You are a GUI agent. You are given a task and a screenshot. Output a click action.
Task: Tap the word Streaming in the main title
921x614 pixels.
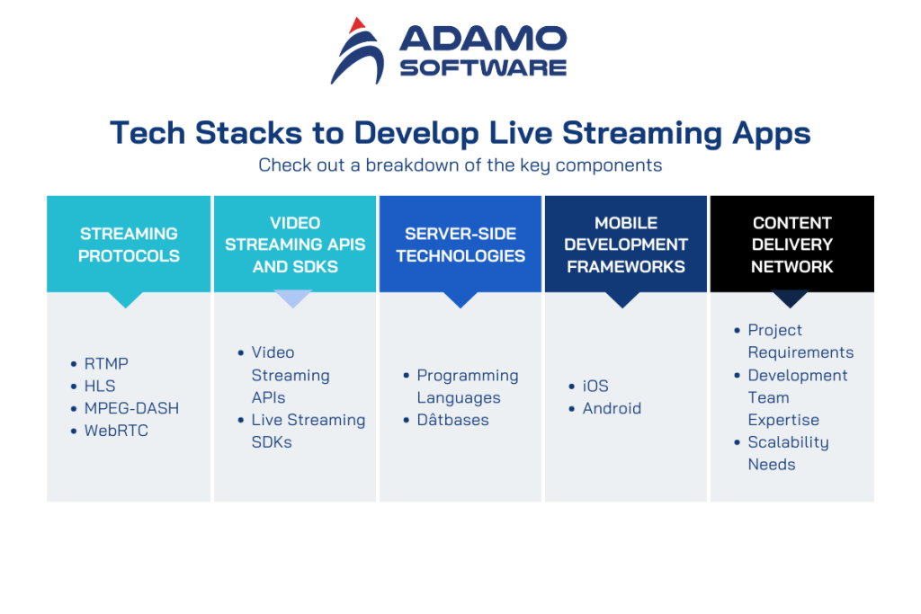click(641, 133)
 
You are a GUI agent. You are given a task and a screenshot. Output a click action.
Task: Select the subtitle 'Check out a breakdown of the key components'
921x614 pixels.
click(460, 165)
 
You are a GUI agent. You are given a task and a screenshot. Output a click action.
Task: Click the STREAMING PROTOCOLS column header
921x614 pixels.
click(129, 245)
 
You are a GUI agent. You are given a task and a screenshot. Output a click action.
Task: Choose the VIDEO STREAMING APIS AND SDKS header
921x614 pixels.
click(295, 245)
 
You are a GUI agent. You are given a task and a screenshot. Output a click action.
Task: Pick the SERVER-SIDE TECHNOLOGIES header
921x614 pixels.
click(460, 245)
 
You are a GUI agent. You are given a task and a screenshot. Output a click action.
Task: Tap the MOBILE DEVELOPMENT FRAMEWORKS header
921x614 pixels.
click(626, 245)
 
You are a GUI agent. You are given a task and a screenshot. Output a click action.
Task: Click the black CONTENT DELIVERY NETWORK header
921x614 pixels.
click(791, 245)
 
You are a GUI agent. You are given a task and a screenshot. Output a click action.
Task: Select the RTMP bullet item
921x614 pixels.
click(106, 364)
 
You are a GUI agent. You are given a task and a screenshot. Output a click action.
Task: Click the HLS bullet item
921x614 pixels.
click(100, 387)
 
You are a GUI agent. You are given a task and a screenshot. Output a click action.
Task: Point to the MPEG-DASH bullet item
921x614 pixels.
click(131, 408)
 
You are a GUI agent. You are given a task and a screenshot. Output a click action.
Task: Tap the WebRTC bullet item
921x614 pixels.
click(116, 431)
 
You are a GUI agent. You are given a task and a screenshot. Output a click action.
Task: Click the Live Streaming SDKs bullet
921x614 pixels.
click(308, 431)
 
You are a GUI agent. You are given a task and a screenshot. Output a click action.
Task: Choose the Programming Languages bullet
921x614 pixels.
click(467, 387)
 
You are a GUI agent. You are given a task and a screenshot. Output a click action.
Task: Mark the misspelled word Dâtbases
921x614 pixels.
click(452, 420)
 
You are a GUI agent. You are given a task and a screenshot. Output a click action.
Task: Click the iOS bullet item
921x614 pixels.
click(595, 387)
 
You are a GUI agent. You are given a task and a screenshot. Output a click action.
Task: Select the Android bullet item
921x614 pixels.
click(612, 408)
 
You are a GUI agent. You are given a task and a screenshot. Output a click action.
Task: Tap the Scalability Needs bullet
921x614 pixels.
click(787, 453)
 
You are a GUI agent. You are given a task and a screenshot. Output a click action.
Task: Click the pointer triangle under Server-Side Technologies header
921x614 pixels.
click(460, 299)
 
